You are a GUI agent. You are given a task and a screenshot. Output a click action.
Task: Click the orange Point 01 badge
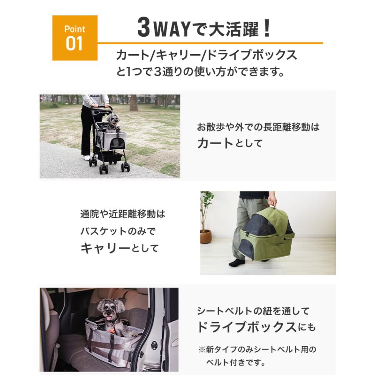(x=75, y=38)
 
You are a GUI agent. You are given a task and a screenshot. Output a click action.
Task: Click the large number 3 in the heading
(x=144, y=29)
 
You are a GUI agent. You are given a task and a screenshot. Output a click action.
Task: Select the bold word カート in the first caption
(x=215, y=143)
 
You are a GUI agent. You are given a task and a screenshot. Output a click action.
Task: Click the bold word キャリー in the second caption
(x=105, y=248)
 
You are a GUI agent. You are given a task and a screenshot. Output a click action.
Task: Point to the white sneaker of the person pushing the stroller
(x=87, y=158)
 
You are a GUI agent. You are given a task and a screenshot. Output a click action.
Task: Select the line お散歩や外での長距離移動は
(x=258, y=127)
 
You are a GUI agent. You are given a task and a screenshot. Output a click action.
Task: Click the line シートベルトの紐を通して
(x=253, y=310)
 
